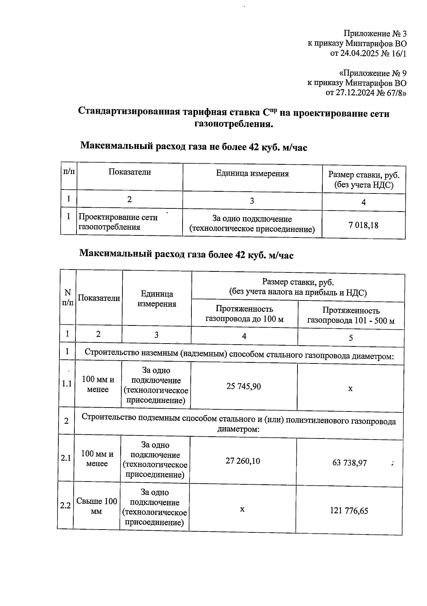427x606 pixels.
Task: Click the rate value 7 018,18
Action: (x=363, y=225)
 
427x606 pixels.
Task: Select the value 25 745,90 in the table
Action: (x=243, y=386)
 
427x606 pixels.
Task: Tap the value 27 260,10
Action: (x=243, y=461)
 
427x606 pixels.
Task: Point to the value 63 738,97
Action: (x=349, y=463)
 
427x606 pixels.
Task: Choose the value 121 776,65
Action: (x=349, y=511)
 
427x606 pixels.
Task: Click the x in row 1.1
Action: (x=350, y=389)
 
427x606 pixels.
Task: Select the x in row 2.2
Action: (x=242, y=509)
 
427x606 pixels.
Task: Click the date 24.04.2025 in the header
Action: (x=360, y=54)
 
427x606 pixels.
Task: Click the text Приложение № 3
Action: (x=375, y=34)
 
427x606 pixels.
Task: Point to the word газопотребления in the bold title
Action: (x=234, y=124)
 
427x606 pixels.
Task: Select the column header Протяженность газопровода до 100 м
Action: (x=244, y=314)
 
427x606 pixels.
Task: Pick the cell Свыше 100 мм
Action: (x=96, y=506)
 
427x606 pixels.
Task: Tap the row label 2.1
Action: (x=65, y=458)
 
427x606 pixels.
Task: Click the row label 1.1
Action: (x=67, y=384)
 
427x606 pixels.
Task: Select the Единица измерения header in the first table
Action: (x=252, y=174)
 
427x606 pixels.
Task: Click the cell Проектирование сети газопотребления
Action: (x=118, y=222)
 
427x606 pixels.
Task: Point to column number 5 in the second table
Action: (x=350, y=338)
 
